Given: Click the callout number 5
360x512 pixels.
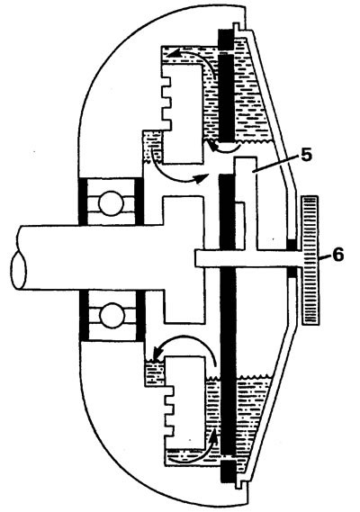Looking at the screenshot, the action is point(306,155).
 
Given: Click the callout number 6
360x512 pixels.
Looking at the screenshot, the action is point(337,255).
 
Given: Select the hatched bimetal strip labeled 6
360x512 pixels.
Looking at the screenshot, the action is point(310,260).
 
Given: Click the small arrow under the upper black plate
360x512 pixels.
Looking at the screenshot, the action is point(224,148).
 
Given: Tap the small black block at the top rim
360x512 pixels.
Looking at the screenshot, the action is point(225,40).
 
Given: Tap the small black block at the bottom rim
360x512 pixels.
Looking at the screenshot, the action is point(228,472).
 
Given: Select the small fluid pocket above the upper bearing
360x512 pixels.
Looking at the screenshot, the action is point(152,147).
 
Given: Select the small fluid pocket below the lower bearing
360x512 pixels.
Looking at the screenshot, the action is point(155,373).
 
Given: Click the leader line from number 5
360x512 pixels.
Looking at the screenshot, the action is point(275,163).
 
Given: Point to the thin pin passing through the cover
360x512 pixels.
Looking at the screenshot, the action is point(249,258).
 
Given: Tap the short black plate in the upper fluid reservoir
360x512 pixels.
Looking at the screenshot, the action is point(226,98).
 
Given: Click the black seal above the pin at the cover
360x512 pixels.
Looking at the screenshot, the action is point(292,245).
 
